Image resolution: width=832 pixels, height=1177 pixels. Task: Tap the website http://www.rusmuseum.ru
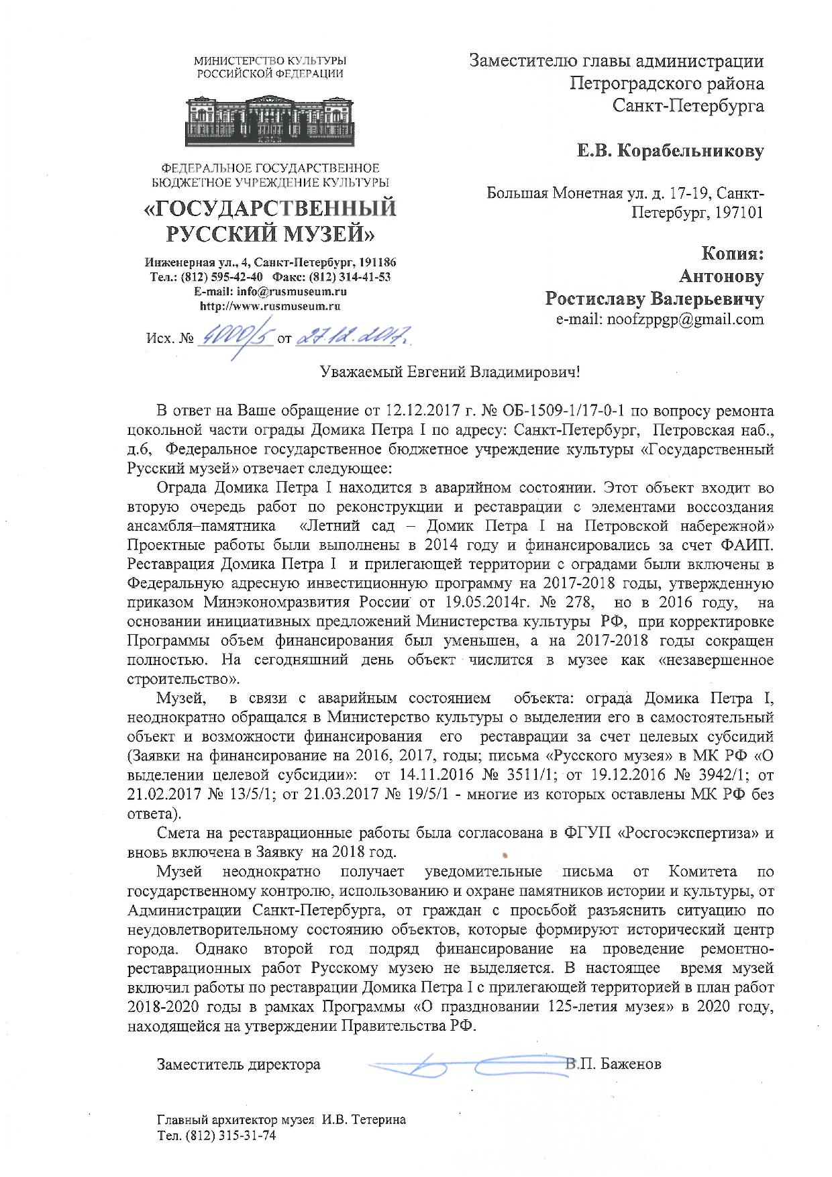coord(270,305)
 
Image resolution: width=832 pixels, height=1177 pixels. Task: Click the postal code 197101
coord(738,213)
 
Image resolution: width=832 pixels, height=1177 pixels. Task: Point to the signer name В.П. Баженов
coord(613,1064)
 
